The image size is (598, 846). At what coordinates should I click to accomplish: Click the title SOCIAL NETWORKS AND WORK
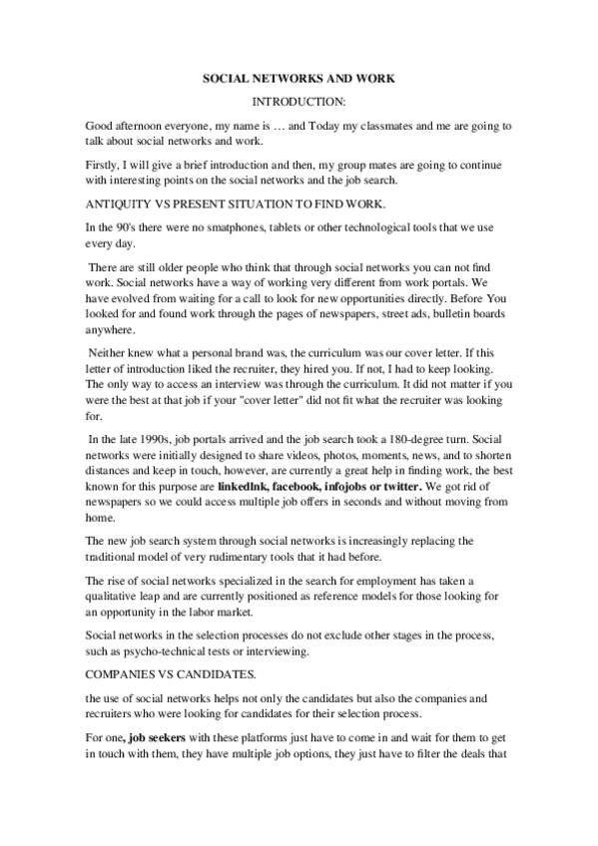tap(299, 76)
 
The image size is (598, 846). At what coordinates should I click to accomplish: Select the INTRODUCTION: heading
tap(299, 102)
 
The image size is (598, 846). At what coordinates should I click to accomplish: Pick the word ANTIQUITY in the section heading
tap(120, 205)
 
